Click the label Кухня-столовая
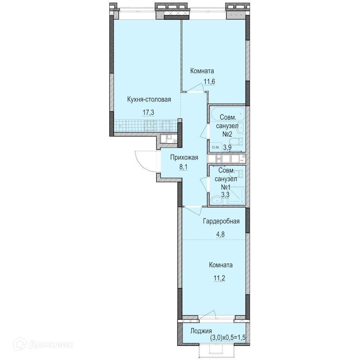click(x=149, y=100)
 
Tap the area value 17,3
click(x=148, y=112)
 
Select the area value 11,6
click(x=209, y=81)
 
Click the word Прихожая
click(x=184, y=158)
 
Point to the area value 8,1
click(x=184, y=167)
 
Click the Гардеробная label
click(x=221, y=221)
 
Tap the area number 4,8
click(x=220, y=234)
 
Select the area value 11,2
click(x=219, y=278)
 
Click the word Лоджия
click(x=201, y=331)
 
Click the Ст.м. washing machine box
click(x=215, y=147)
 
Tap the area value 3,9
click(x=227, y=147)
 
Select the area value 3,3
click(x=225, y=195)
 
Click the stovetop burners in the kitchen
click(x=150, y=126)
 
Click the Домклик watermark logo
click(x=44, y=345)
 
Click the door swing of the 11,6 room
click(x=196, y=87)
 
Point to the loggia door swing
click(x=208, y=315)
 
